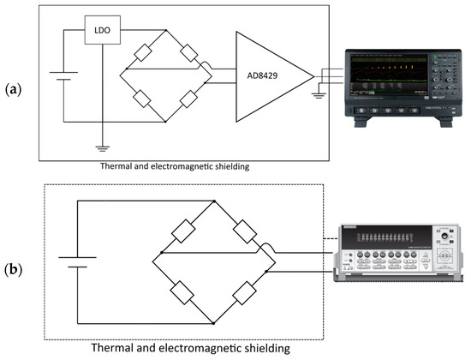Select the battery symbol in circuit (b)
pos(75,260)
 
